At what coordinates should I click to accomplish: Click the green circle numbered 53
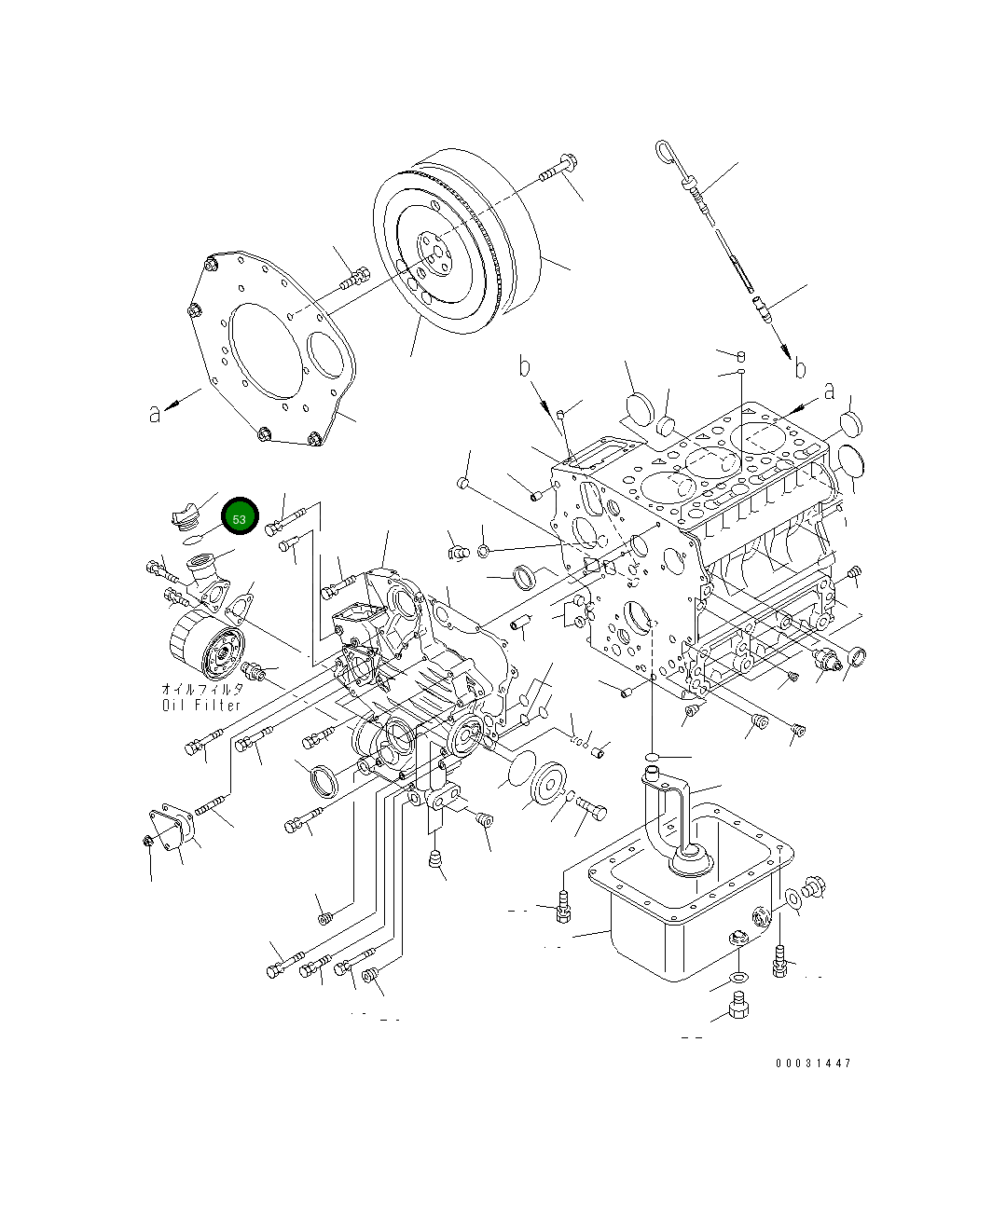(240, 517)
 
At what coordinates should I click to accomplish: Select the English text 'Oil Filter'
(201, 705)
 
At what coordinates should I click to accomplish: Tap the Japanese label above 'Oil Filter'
(202, 689)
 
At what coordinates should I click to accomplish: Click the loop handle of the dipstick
(666, 150)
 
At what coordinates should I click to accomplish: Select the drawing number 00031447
(812, 1063)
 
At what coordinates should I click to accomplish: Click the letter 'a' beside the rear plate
(155, 412)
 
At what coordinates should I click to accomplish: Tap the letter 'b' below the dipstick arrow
(800, 368)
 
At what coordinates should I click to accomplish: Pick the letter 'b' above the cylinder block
(526, 367)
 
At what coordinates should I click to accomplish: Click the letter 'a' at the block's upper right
(829, 392)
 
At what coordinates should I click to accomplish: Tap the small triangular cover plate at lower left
(172, 828)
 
